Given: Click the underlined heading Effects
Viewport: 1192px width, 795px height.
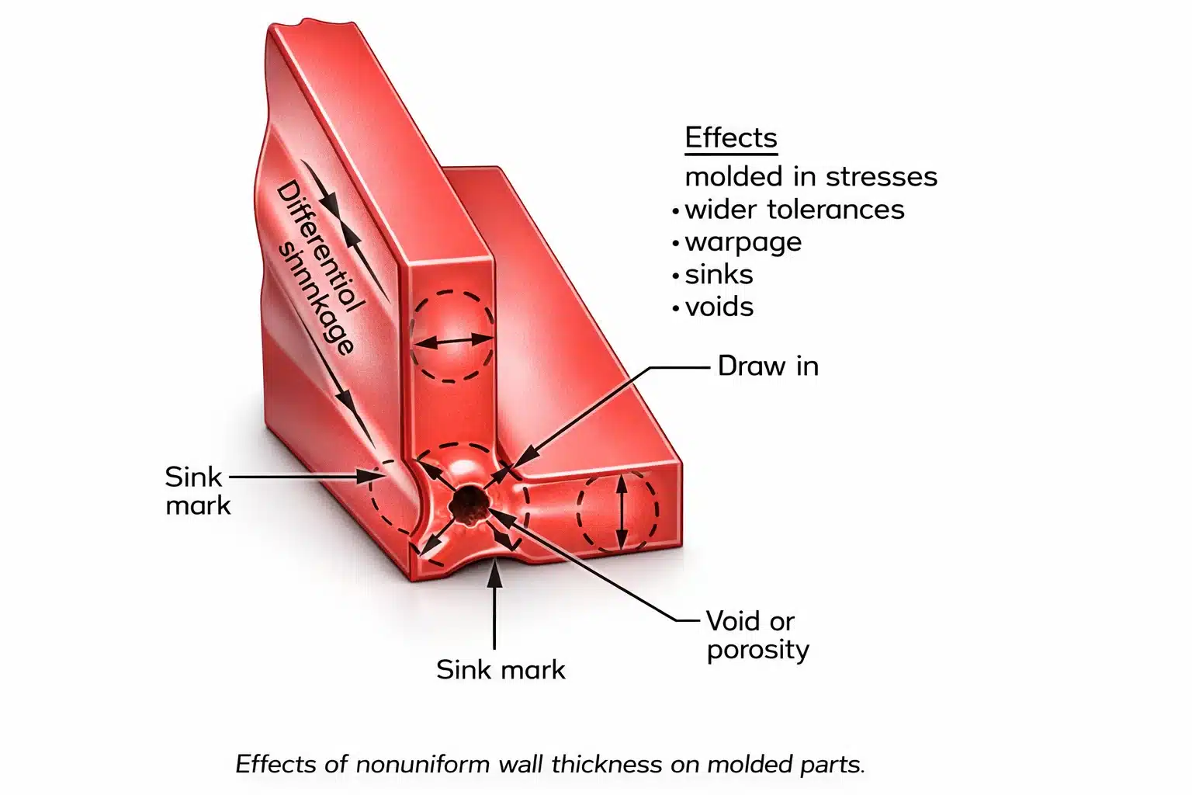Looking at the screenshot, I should coord(730,137).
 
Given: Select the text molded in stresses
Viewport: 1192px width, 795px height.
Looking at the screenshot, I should coord(810,176).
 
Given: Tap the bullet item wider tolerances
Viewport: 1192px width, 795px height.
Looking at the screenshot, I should coord(794,210).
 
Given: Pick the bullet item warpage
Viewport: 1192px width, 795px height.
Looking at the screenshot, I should coord(743,242).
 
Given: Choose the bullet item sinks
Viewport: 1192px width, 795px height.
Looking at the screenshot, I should coord(719,275).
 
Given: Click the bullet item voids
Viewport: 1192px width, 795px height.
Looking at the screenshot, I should coord(719,307).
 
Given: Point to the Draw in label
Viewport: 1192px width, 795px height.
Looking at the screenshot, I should coord(768,366).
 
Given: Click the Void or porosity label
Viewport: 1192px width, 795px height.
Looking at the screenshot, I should coord(757,635).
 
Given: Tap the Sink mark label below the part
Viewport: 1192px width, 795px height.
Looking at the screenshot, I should coord(501,669).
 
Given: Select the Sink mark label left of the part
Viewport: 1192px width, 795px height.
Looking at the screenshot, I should coord(197,491).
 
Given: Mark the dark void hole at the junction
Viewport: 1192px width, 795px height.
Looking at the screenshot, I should coord(469,503).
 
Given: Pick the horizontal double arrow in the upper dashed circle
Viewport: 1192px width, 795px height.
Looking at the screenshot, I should coord(451,340).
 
